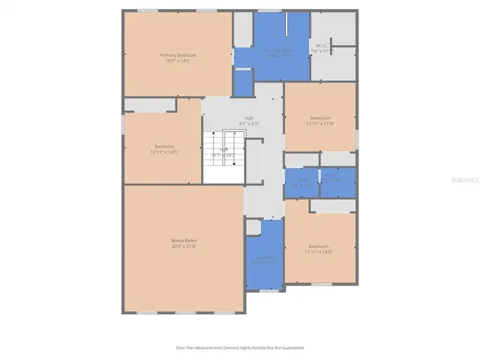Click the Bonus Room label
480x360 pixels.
[183, 240]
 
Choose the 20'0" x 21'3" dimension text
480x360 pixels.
[183, 246]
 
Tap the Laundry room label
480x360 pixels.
[263, 257]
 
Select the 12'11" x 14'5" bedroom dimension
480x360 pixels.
[163, 152]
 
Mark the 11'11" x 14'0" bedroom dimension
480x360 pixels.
[319, 253]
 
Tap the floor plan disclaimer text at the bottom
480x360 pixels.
[239, 348]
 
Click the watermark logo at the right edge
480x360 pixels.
[465, 181]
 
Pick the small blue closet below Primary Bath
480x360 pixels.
[243, 82]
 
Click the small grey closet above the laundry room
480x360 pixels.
[253, 226]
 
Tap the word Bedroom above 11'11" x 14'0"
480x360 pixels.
[319, 246]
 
